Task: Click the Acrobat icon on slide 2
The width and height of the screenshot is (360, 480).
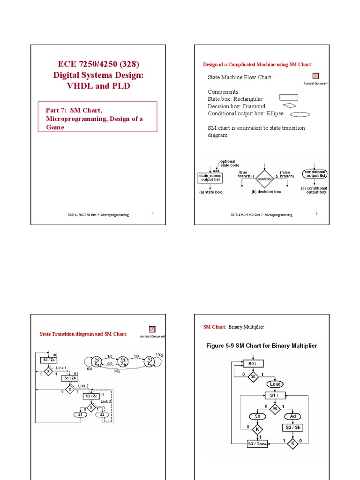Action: pyautogui.click(x=316, y=77)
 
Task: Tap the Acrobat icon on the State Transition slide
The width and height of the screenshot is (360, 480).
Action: pyautogui.click(x=152, y=330)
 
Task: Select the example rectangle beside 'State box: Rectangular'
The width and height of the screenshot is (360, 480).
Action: pyautogui.click(x=290, y=97)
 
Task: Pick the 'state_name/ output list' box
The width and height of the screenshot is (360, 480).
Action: pyautogui.click(x=210, y=177)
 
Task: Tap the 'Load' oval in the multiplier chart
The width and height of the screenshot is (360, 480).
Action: pyautogui.click(x=275, y=384)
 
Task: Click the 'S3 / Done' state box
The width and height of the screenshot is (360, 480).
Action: pyautogui.click(x=257, y=443)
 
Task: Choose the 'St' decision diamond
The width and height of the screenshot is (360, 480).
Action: pyautogui.click(x=253, y=375)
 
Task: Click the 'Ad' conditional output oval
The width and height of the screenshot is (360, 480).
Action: pyautogui.click(x=293, y=416)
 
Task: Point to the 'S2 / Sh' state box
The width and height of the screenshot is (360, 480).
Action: pyautogui.click(x=293, y=427)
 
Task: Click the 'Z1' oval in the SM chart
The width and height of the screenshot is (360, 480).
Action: pyautogui.click(x=80, y=414)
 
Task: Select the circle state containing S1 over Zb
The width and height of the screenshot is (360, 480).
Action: pyautogui.click(x=123, y=362)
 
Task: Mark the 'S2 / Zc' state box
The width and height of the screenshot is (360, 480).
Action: pyautogui.click(x=91, y=396)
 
